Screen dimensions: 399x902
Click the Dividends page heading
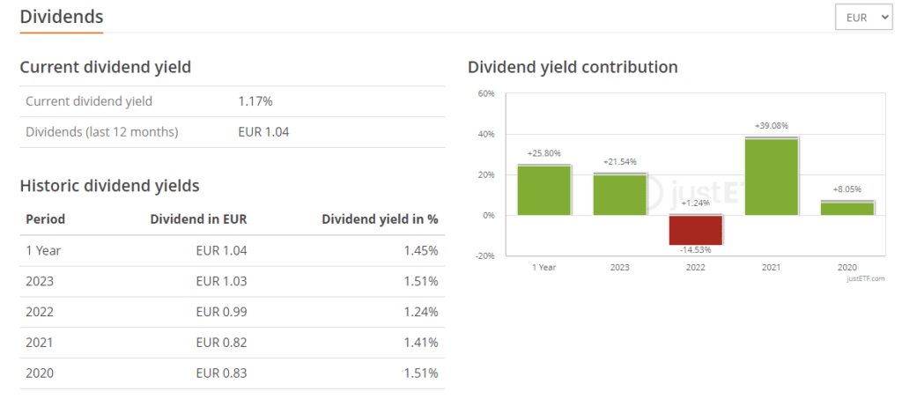click(62, 17)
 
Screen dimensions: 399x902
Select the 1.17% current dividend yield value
click(255, 101)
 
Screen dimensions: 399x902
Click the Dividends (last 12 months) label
click(102, 132)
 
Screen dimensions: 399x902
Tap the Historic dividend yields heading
click(109, 186)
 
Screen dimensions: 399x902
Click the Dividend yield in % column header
click(380, 219)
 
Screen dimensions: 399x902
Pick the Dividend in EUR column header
click(198, 219)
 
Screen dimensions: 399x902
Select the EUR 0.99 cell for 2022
click(223, 312)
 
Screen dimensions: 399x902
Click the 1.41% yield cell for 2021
click(420, 343)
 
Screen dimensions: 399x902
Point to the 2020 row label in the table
click(40, 373)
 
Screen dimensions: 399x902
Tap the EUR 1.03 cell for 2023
click(223, 281)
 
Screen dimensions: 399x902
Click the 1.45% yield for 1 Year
click(420, 250)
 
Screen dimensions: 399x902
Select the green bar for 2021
click(771, 176)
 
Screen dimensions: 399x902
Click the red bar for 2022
click(696, 230)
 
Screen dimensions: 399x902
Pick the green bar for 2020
click(847, 208)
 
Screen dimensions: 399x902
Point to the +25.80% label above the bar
click(544, 154)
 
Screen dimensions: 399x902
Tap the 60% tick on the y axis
click(486, 93)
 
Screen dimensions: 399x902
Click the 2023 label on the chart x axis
click(620, 267)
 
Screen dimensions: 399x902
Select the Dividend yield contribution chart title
click(573, 67)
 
